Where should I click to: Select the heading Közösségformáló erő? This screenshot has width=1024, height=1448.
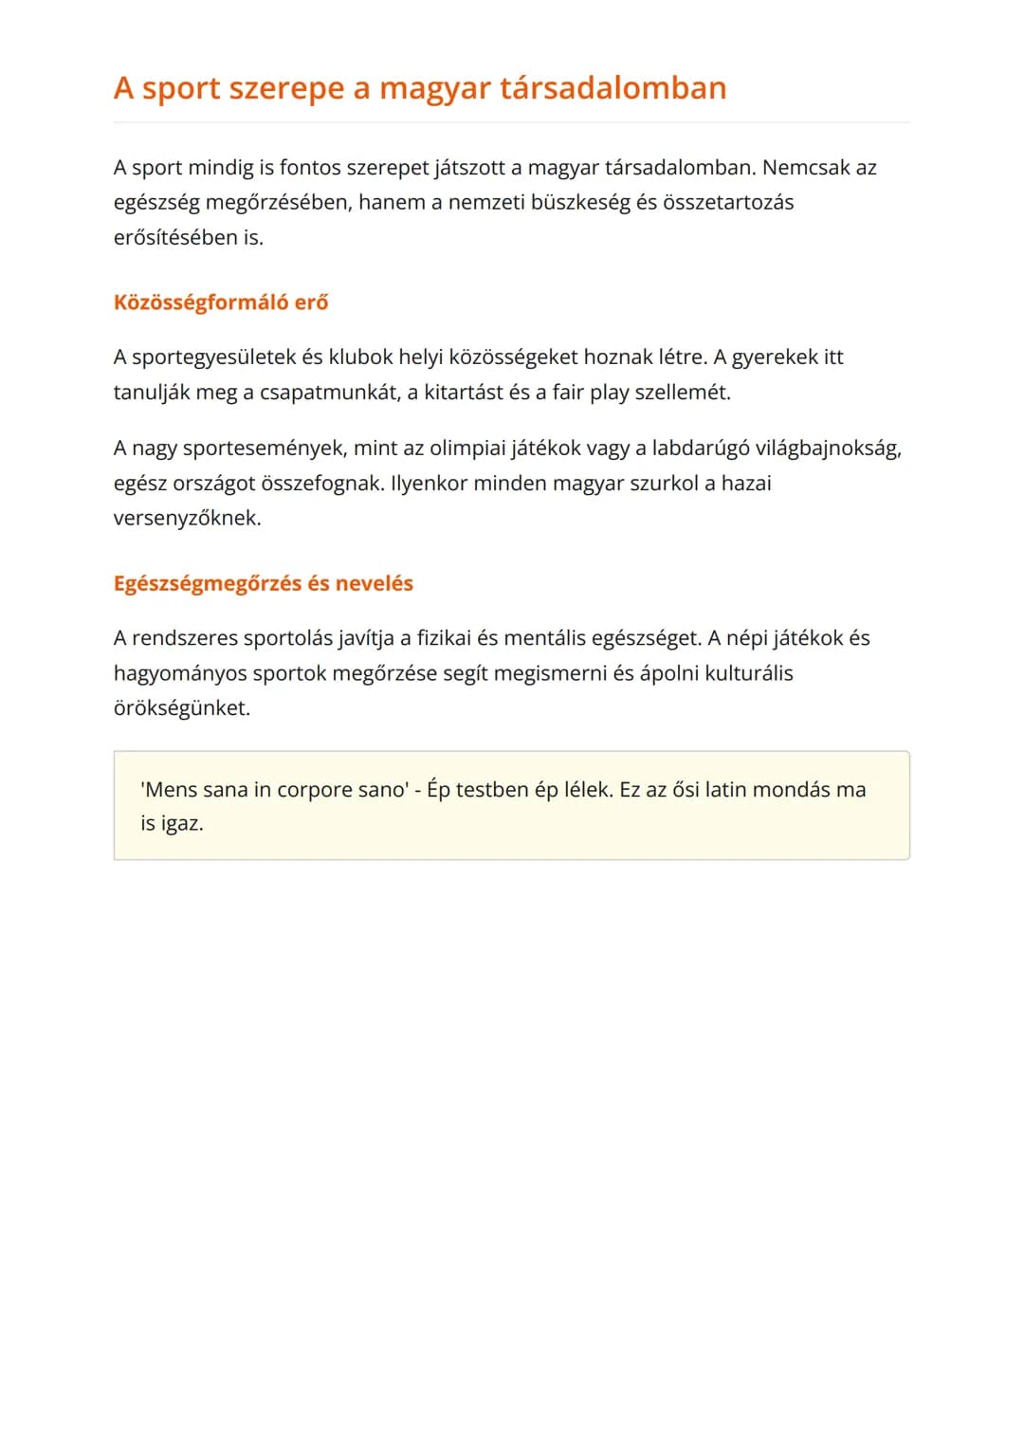pos(221,302)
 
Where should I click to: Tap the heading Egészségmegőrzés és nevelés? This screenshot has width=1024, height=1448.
pos(263,583)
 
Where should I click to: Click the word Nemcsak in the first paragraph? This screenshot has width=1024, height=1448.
pos(806,168)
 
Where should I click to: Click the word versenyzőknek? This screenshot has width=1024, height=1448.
pos(187,519)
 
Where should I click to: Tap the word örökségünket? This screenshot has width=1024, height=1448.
pos(182,708)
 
